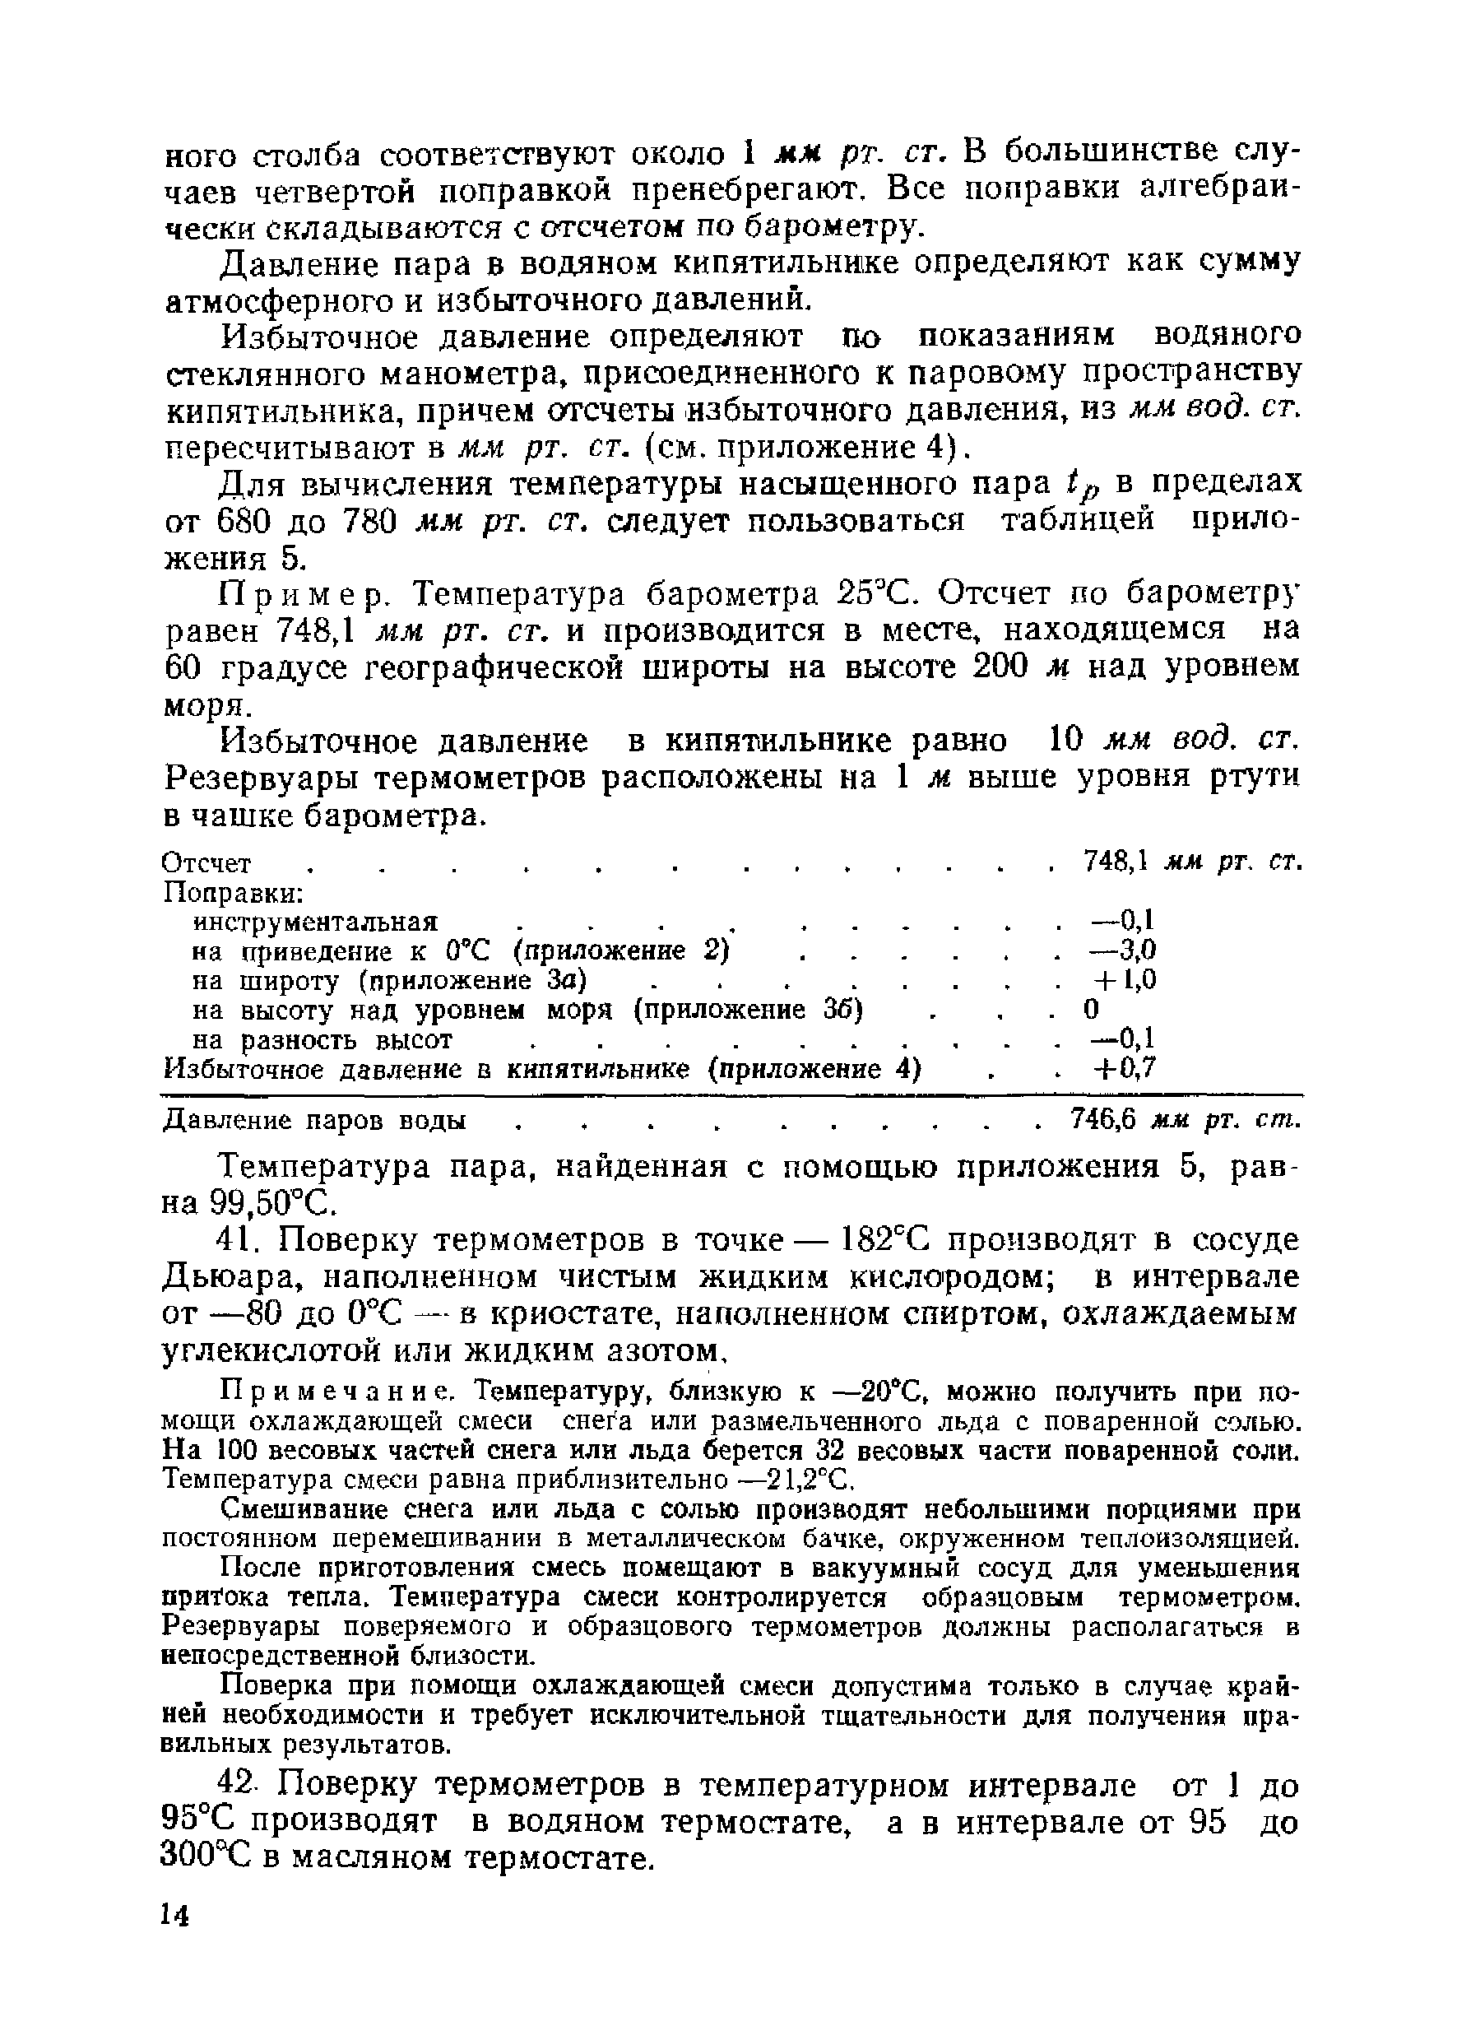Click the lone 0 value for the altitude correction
1091,1009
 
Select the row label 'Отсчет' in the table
207,863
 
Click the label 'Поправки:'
234,893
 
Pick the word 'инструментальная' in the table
316,922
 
